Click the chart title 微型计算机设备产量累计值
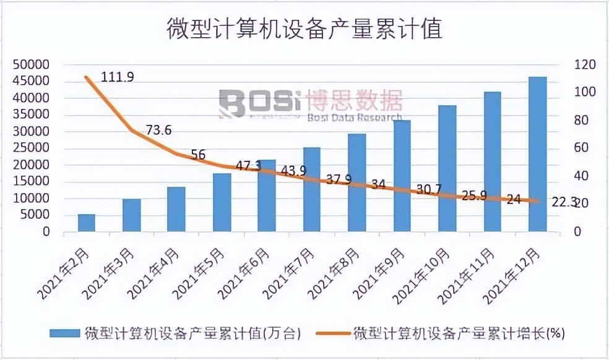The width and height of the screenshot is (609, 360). point(304,28)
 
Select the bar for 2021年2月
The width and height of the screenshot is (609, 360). point(87,223)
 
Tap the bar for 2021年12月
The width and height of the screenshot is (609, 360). point(538,155)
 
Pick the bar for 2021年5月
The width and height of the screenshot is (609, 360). point(222,202)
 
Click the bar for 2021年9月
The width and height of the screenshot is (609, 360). point(402,176)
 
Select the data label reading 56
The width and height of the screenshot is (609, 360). point(198,155)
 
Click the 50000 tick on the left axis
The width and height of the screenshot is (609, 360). point(32,64)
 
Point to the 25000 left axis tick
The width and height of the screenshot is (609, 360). point(32,148)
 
